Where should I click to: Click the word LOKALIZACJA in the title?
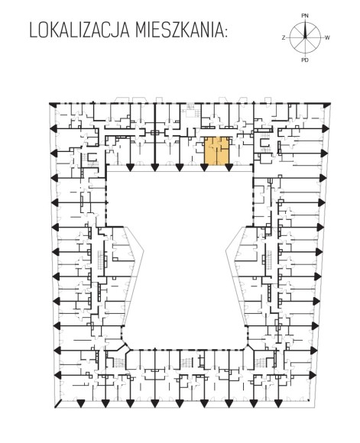pos(79,31)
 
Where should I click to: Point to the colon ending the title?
pos(225,33)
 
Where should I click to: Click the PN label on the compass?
pos(305,16)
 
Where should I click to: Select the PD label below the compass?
pos(305,60)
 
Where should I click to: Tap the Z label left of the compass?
pos(283,37)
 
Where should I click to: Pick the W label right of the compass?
pos(327,37)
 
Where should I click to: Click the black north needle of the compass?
pos(305,30)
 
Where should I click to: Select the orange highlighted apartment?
pos(217,150)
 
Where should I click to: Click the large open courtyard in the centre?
pos(180,254)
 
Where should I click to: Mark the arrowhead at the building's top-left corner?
pos(52,105)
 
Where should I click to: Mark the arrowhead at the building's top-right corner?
pos(326,105)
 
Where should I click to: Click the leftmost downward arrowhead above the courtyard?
pos(130,167)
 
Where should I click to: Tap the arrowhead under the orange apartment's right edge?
pos(229,167)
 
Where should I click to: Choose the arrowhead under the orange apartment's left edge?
pos(204,167)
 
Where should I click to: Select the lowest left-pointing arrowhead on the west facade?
pos(57,375)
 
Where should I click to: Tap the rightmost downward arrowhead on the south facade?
pos(278,403)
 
